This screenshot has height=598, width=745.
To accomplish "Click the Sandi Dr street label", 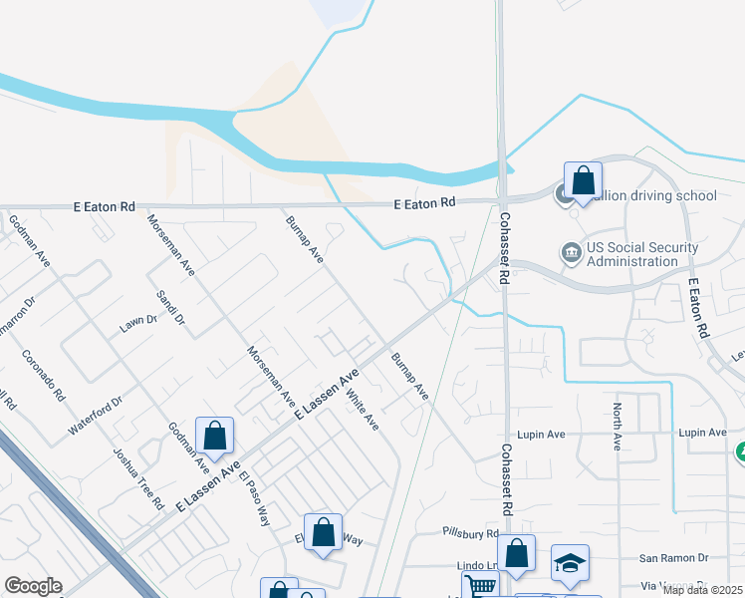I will (171, 308).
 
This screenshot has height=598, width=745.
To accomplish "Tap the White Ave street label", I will (363, 409).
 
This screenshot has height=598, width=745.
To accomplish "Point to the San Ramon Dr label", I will (673, 558).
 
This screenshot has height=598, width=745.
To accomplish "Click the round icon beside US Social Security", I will (572, 251).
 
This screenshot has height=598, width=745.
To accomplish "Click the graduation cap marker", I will (570, 564).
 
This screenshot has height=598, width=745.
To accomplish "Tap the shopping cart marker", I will (480, 586).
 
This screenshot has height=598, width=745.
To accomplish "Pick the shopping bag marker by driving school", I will (583, 181).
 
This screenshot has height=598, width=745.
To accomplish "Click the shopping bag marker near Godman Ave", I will (214, 436).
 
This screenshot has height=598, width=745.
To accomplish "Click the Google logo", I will (33, 586).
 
